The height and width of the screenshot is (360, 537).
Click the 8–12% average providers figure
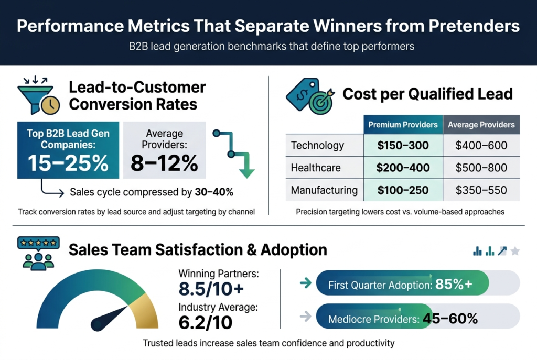tap(164, 163)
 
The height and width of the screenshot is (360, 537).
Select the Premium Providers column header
tap(403, 125)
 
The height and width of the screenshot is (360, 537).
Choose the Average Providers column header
tap(481, 125)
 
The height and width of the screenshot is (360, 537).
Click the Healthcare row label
tap(316, 168)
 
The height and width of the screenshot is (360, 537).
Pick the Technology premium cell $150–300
tap(403, 145)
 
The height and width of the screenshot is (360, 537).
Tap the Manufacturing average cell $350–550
tap(481, 190)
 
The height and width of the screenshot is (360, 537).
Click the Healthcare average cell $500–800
tap(481, 168)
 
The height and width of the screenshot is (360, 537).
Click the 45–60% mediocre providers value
tap(454, 318)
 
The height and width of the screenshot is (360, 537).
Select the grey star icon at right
tap(515, 252)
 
